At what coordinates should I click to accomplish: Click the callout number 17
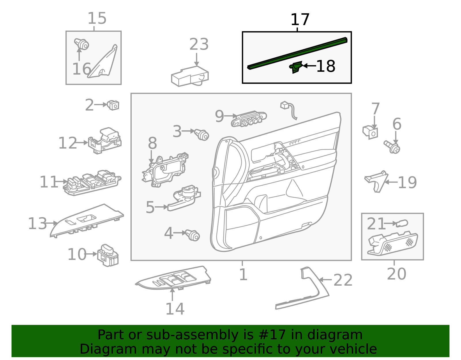click(300, 20)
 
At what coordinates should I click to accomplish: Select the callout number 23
click(199, 44)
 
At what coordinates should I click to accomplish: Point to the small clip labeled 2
click(113, 105)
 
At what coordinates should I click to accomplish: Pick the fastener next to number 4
click(193, 235)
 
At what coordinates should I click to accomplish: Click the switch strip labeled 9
click(249, 119)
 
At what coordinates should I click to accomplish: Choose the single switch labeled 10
click(108, 255)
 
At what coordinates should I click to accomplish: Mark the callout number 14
click(175, 309)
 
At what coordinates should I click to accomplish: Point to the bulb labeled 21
click(402, 223)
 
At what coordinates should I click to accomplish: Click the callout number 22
click(343, 280)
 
